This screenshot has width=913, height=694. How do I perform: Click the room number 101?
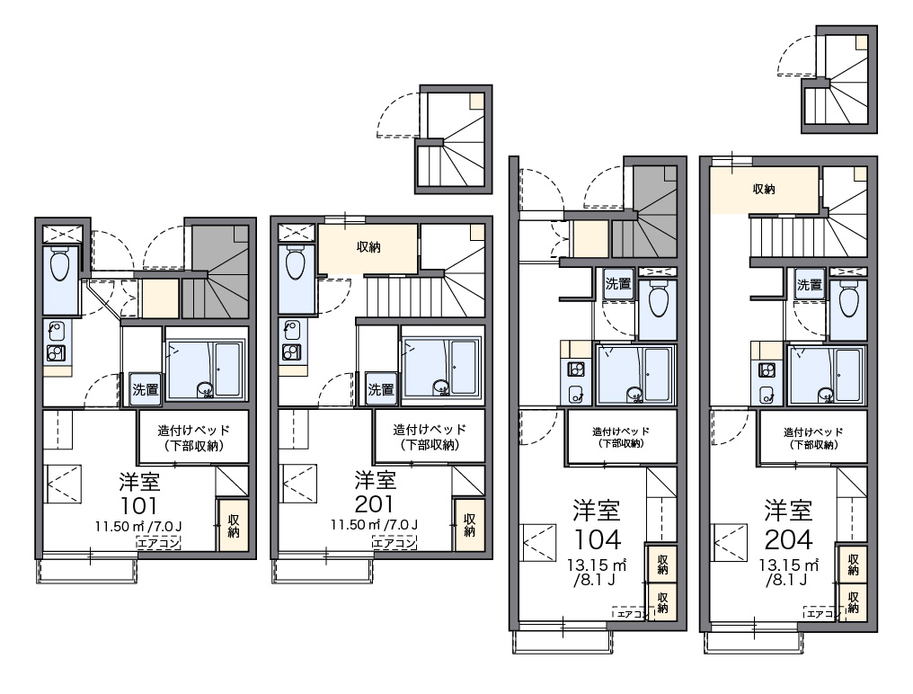(138, 504)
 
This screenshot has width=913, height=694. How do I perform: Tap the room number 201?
(375, 503)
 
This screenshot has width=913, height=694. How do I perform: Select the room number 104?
(597, 540)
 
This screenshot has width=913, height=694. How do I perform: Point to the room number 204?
(788, 540)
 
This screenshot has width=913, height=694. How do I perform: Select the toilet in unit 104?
(658, 299)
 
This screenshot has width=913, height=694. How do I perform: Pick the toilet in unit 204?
(849, 299)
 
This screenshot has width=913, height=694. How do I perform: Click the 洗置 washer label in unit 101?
(145, 388)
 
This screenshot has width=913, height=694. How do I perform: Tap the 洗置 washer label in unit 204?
(810, 285)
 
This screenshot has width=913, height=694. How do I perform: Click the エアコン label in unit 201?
(394, 543)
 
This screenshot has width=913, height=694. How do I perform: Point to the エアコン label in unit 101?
(158, 543)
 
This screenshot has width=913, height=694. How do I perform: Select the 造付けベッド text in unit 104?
(621, 432)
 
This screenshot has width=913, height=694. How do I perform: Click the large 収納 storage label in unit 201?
(368, 247)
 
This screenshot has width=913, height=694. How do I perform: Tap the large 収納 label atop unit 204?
(764, 189)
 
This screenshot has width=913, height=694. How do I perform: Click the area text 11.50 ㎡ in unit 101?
(120, 527)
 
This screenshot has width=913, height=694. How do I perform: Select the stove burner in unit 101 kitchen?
(56, 353)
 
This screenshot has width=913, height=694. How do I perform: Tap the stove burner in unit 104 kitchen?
(576, 369)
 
